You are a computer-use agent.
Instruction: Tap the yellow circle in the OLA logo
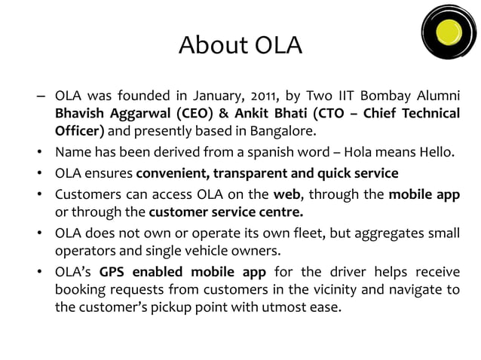click(x=450, y=32)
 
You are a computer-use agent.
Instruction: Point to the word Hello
click(x=435, y=154)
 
